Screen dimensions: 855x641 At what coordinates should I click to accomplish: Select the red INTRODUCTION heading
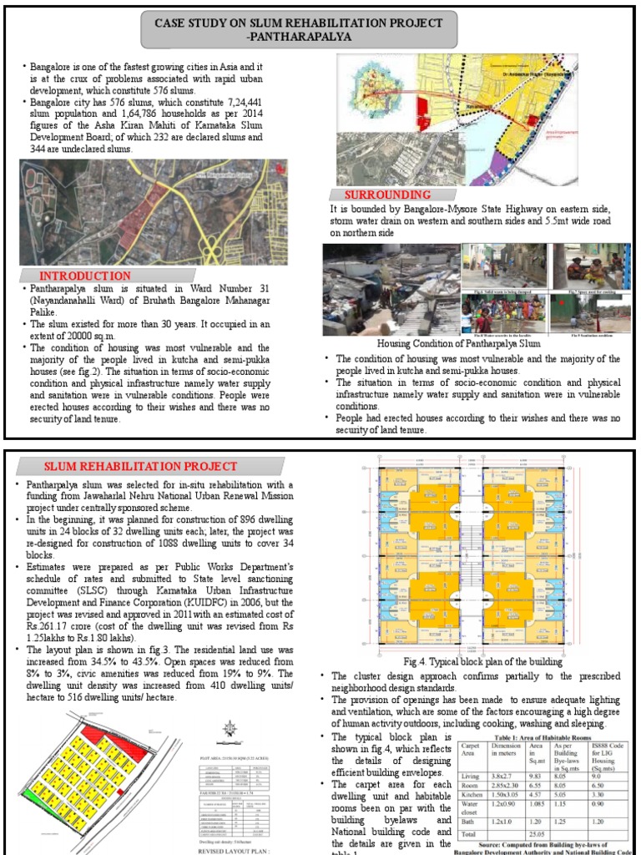coord(86,276)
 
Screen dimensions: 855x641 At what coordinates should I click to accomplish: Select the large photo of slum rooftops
coord(390,289)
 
